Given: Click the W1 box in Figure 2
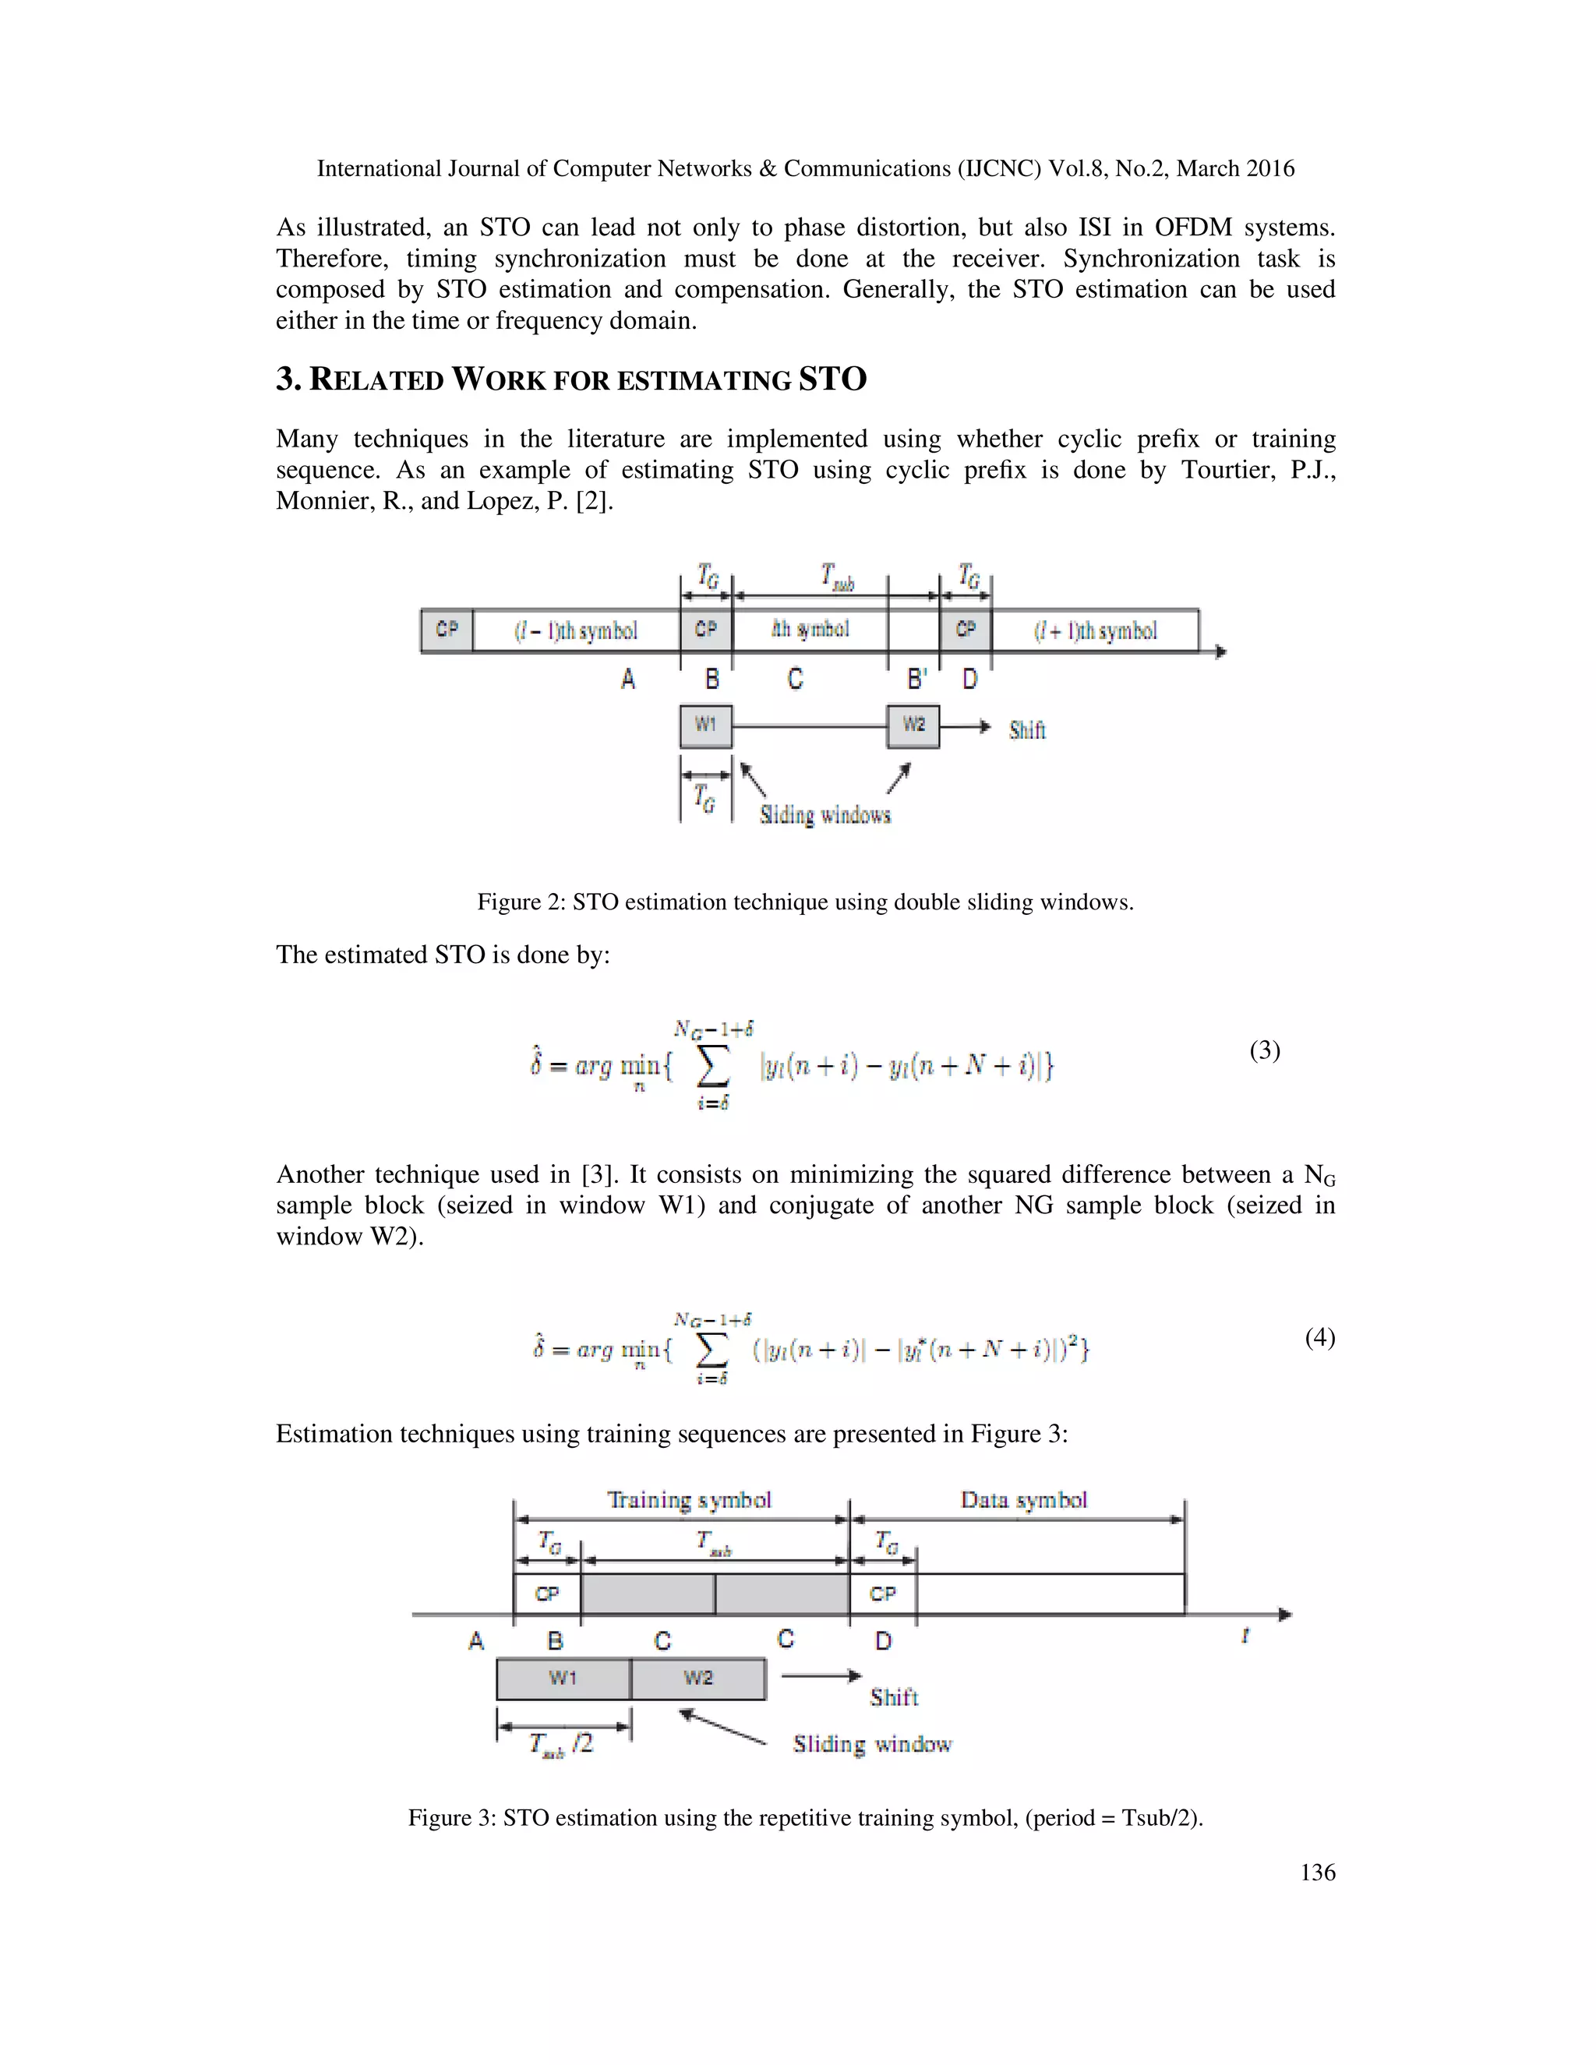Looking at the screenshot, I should (705, 726).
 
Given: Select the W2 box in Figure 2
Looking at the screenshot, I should (913, 726).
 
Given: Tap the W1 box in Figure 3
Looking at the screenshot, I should (563, 1678).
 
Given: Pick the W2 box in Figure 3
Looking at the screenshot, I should (697, 1678).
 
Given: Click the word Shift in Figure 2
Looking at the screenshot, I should (1027, 730).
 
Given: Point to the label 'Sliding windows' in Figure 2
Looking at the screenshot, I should (824, 815).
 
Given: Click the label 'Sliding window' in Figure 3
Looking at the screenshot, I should (872, 1745).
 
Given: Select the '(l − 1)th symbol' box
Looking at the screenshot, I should (576, 630).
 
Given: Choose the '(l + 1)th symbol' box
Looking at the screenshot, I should (1095, 630).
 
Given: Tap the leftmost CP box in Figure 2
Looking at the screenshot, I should (447, 630).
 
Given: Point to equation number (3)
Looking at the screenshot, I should (1264, 1050).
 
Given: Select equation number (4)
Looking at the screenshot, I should (1319, 1337).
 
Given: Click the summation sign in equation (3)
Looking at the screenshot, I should (713, 1067).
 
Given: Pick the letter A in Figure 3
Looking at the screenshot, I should (475, 1640).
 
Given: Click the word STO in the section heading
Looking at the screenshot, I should (832, 379).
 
